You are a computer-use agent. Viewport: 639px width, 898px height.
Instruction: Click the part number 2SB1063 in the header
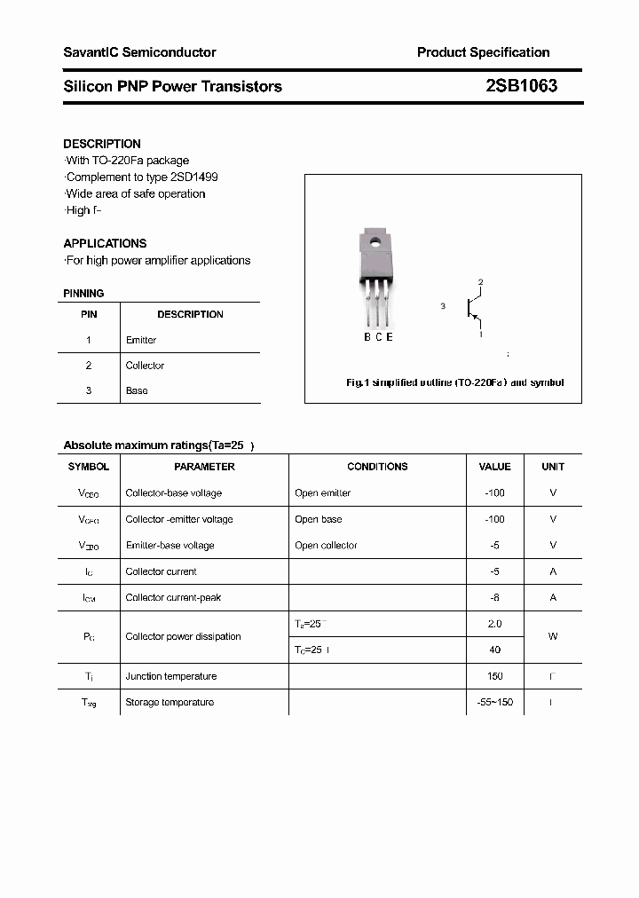tap(521, 86)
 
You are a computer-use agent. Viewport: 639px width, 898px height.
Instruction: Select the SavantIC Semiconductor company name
tap(139, 52)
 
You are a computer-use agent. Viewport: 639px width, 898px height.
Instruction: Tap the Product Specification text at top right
tap(483, 52)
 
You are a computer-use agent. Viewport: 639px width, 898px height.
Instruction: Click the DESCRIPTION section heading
tap(102, 144)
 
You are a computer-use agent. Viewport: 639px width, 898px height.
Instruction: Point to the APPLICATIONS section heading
tap(105, 243)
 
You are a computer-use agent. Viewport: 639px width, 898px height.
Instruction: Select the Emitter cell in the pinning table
tap(141, 340)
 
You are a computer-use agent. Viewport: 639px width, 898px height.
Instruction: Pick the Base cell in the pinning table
tap(137, 390)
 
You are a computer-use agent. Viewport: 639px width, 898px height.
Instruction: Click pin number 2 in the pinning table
tap(89, 366)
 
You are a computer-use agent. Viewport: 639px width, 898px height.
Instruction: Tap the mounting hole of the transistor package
tap(375, 240)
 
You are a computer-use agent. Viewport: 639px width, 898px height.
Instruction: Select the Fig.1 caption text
tap(454, 382)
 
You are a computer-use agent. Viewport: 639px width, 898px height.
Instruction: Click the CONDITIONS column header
tap(377, 467)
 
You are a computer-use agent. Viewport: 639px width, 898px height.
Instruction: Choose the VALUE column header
tap(494, 467)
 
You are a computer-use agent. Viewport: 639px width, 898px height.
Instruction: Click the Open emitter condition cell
tap(322, 493)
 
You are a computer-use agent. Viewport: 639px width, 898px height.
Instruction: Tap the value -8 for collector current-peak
tap(494, 598)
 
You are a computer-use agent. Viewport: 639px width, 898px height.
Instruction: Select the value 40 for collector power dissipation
tap(494, 650)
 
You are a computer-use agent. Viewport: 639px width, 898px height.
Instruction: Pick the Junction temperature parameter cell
tap(171, 676)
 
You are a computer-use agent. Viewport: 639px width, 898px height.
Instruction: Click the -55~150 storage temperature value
tap(494, 703)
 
